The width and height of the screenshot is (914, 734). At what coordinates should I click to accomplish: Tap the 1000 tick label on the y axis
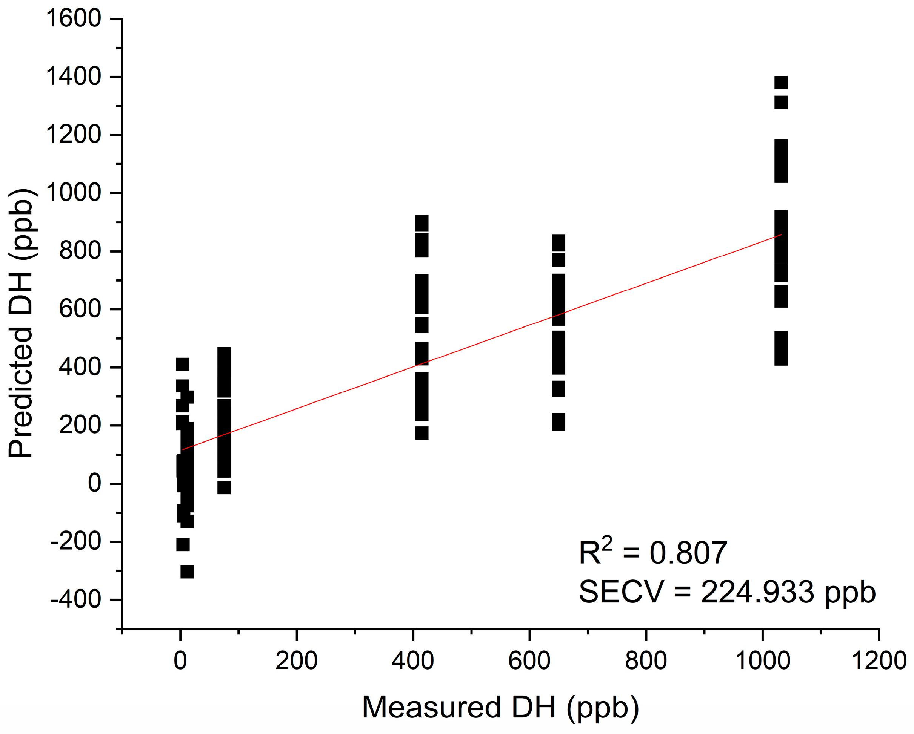(73, 193)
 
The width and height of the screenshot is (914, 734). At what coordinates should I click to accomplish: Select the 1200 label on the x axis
(879, 661)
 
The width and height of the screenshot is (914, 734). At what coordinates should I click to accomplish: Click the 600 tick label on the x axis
(529, 661)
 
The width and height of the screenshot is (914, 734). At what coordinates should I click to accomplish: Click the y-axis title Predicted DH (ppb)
(21, 323)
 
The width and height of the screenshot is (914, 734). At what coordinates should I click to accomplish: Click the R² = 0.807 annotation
(653, 553)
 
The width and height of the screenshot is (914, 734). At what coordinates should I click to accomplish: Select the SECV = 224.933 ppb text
(727, 592)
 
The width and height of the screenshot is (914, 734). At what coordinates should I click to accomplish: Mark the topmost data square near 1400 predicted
(781, 83)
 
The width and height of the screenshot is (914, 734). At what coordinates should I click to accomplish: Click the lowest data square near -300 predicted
(187, 572)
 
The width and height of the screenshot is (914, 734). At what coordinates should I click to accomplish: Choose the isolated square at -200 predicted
(183, 544)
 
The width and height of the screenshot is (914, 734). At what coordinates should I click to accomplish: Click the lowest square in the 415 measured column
(422, 433)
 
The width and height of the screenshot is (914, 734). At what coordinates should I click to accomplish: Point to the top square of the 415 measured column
(422, 223)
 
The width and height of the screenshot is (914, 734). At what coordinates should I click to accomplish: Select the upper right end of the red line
(781, 234)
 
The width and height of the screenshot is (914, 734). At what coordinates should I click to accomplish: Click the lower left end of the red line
(183, 449)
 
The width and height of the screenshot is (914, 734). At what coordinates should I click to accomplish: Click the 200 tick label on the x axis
(296, 661)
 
